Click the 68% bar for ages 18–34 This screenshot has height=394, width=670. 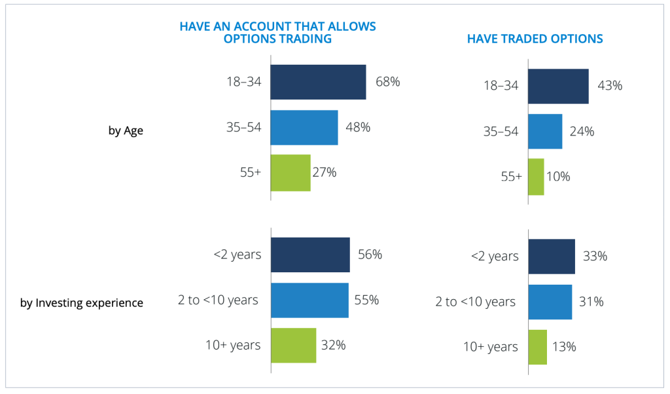318,82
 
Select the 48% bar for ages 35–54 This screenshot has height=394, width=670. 304,127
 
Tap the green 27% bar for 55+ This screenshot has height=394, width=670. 291,172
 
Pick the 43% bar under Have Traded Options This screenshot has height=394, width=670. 558,86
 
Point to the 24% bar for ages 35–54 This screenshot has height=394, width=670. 545,131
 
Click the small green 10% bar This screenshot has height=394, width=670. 536,177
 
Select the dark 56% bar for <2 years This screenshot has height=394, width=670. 310,255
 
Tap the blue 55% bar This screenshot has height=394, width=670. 309,300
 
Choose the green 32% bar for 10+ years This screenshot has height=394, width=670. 293,345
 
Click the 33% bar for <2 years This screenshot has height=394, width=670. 552,257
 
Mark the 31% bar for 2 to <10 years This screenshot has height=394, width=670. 550,302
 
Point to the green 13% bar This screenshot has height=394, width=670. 537,347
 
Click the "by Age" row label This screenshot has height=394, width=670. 126,130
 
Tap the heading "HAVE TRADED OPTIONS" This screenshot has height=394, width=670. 535,39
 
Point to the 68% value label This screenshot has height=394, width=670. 387,82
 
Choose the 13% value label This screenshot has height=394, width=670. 563,347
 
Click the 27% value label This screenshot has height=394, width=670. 324,172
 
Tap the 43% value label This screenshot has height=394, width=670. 609,86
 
